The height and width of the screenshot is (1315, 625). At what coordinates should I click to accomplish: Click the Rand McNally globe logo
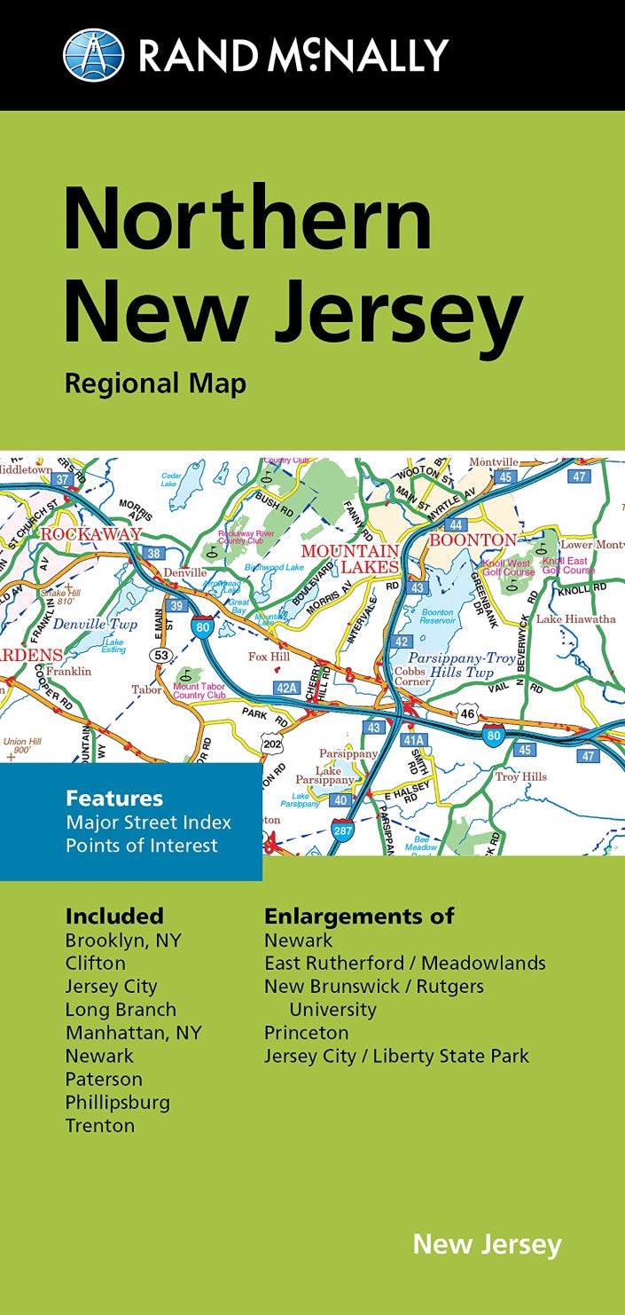(93, 54)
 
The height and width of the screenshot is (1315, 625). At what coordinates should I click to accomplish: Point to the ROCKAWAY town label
(91, 534)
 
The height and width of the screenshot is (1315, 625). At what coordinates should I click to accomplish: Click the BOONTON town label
(473, 539)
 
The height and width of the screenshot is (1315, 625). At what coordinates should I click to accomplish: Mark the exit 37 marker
(61, 479)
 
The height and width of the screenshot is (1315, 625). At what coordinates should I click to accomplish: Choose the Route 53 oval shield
(161, 655)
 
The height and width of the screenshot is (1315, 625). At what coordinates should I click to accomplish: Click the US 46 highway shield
(468, 713)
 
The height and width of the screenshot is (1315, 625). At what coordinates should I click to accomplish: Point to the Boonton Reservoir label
(436, 618)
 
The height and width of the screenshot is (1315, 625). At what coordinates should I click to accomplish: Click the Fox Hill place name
(269, 657)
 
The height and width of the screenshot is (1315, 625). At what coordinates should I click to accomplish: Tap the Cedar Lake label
(170, 479)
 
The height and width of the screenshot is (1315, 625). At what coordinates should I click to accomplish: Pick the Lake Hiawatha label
(575, 618)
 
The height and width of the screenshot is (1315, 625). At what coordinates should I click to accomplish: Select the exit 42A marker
(286, 687)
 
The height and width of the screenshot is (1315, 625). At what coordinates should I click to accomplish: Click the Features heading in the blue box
(114, 799)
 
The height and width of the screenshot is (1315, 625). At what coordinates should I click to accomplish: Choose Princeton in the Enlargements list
(306, 1033)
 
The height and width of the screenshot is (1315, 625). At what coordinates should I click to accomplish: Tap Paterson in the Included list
(104, 1079)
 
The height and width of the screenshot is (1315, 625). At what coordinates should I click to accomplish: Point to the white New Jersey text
(487, 1244)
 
